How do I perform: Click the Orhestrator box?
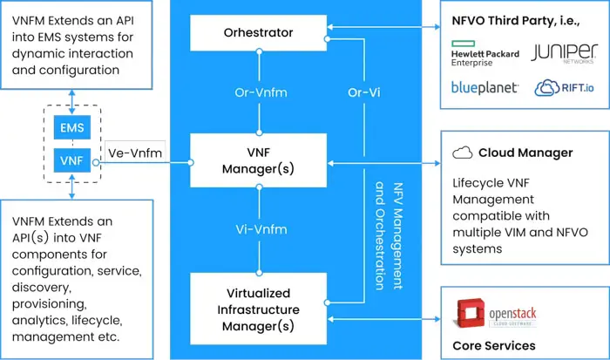pyautogui.click(x=257, y=33)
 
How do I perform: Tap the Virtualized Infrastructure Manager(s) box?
pyautogui.click(x=257, y=309)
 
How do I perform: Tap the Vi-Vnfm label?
pyautogui.click(x=257, y=230)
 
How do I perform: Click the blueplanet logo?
pyautogui.click(x=485, y=87)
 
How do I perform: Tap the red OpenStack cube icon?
pyautogui.click(x=471, y=313)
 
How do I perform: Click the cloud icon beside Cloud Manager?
pyautogui.click(x=463, y=153)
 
